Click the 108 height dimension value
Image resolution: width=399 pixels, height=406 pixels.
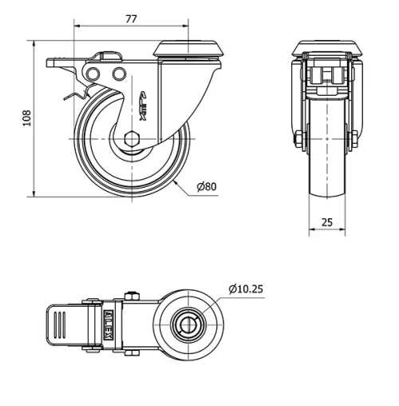26,117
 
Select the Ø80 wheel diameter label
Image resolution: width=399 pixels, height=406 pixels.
206,187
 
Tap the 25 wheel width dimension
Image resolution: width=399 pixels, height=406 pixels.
327,222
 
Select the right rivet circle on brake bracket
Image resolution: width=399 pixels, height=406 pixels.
120,74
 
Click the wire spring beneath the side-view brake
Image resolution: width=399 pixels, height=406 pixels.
76,98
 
